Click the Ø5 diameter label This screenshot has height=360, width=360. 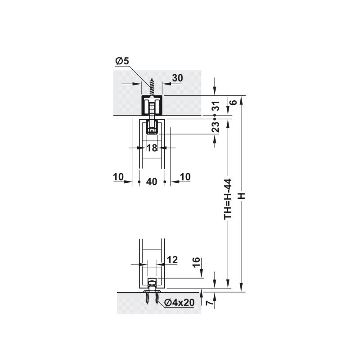tap(122, 61)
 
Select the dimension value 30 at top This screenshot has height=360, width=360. tap(177, 78)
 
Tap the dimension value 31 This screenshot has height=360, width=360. tap(216, 106)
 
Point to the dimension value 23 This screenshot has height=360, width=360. tap(216, 127)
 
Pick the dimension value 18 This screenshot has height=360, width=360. tap(152, 148)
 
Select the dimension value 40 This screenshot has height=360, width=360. tap(152, 182)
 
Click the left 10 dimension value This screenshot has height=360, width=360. tap(118, 177)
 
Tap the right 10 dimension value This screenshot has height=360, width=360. tap(185, 177)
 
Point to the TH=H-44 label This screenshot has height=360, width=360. tap(228, 199)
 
